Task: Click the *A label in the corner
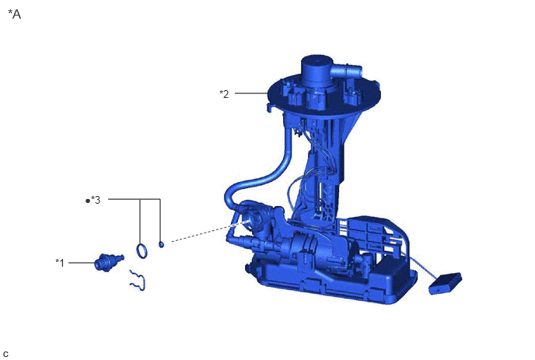(x=14, y=14)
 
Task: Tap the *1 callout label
(x=60, y=263)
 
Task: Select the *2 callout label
(x=224, y=94)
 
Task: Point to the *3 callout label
(x=96, y=200)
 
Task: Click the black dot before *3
(x=88, y=201)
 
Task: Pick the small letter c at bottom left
(x=5, y=355)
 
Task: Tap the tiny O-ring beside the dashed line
(x=161, y=244)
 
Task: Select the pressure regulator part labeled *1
(x=109, y=262)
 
